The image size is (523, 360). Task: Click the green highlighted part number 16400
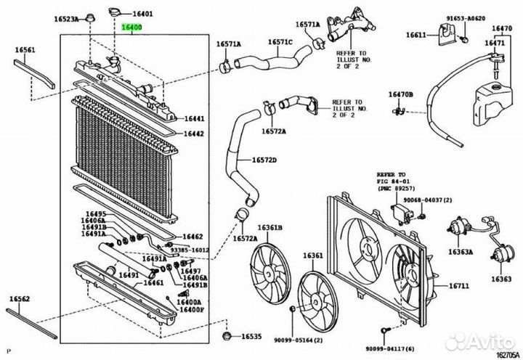coord(131,28)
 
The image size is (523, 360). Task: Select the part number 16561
coord(25,50)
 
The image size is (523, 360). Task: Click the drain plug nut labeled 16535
coord(226,336)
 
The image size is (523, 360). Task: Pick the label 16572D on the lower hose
coord(264,160)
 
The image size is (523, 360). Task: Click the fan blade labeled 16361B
coord(270,273)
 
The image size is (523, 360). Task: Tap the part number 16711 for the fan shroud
coord(459,286)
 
